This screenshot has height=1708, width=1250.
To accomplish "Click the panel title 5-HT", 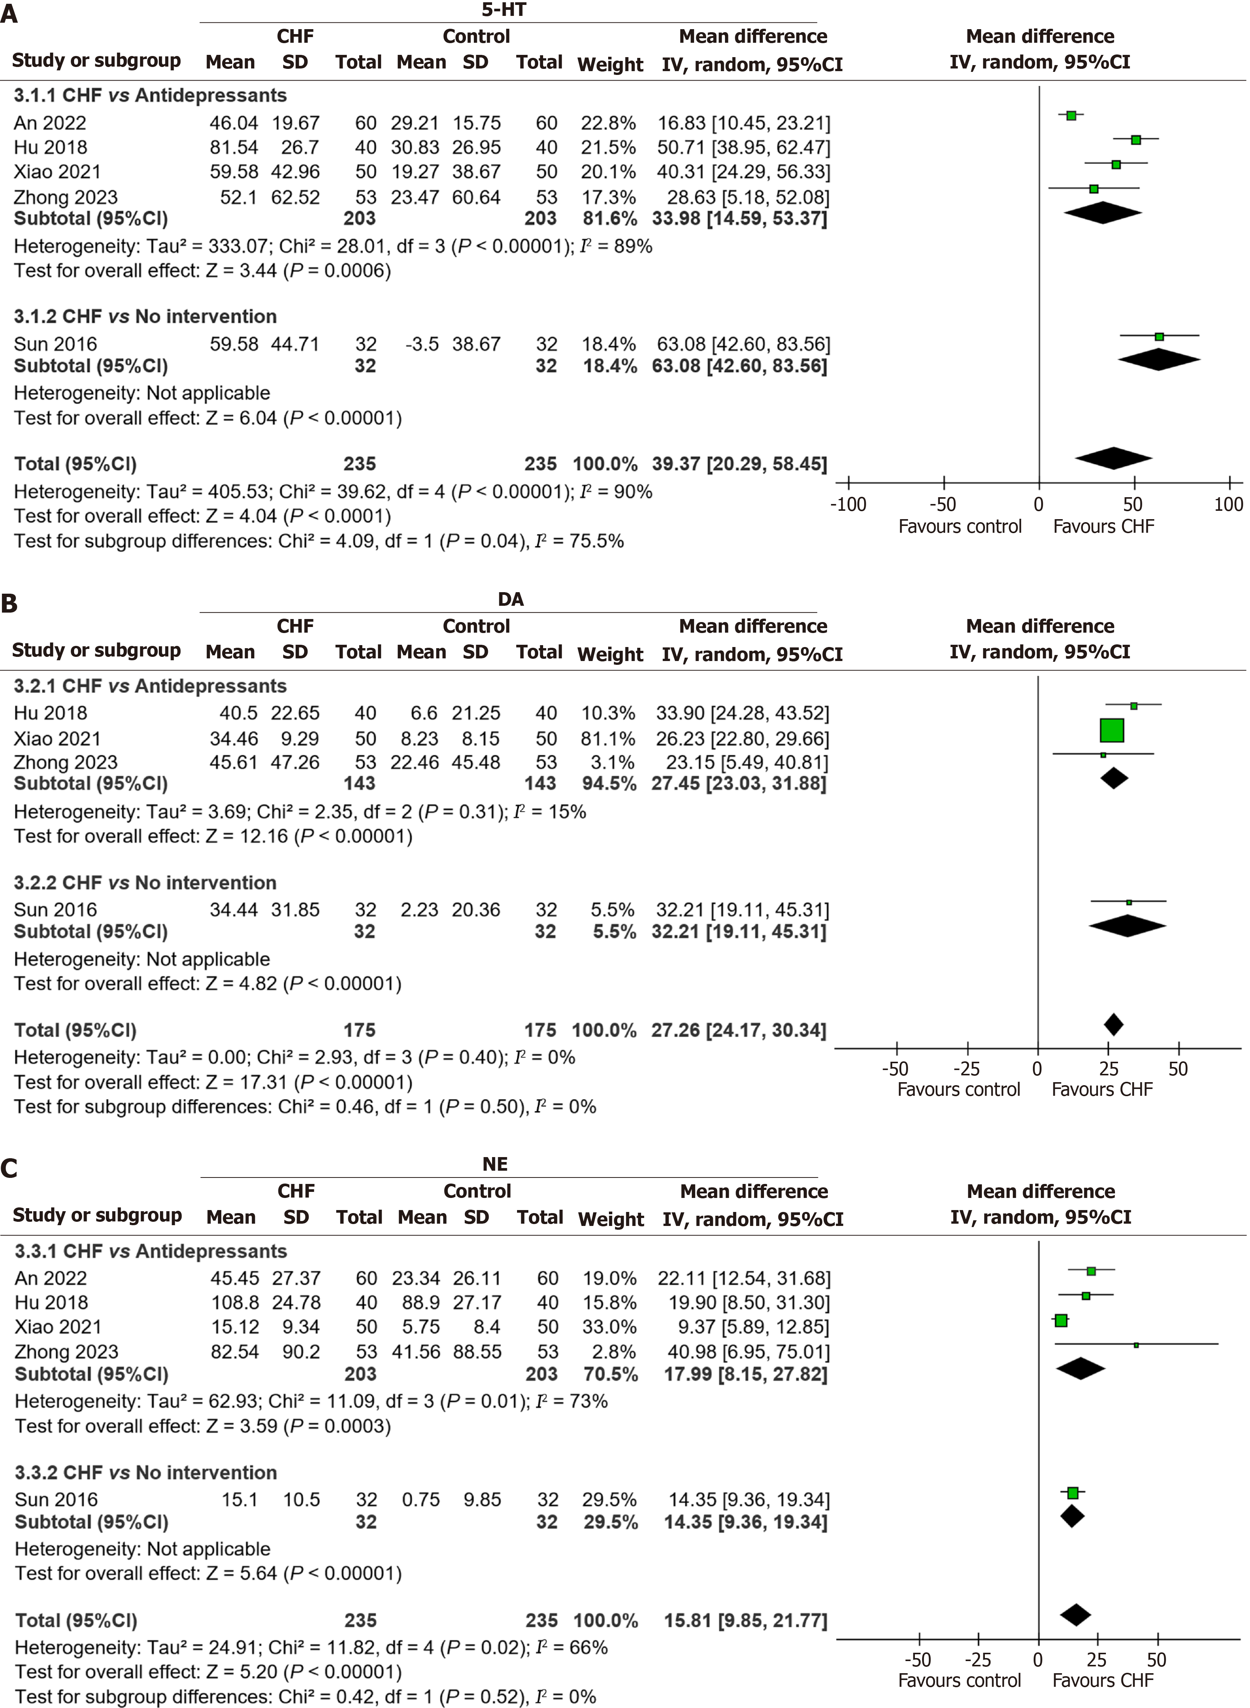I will tap(504, 10).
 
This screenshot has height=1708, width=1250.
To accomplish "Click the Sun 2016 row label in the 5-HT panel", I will tap(55, 344).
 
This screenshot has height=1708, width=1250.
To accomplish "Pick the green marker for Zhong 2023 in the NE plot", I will tap(1136, 1345).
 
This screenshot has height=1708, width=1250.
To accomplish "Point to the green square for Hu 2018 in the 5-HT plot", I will tap(1136, 140).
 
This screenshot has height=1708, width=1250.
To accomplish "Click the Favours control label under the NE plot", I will tap(960, 1680).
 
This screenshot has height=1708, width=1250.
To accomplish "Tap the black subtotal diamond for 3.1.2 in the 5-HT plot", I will tap(1159, 359).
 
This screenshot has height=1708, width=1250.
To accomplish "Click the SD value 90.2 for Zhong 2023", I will tap(301, 1352).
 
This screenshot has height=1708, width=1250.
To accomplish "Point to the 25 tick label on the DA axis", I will tap(1109, 1069).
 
